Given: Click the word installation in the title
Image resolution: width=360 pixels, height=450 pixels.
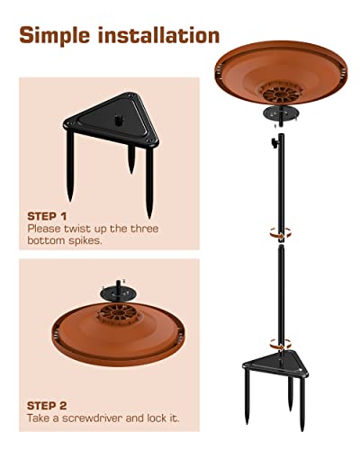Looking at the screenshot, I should point(158,36).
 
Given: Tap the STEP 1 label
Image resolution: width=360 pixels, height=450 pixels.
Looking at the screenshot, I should point(47,216).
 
